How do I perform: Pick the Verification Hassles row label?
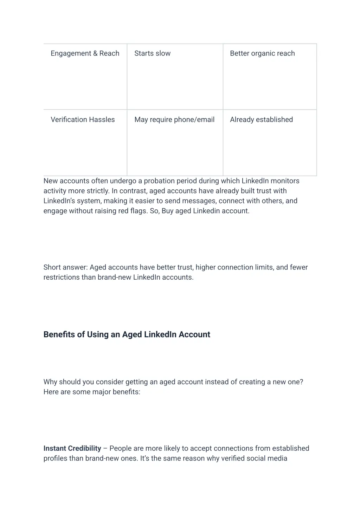(83, 119)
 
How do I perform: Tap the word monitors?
(285, 181)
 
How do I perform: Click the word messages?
(198, 201)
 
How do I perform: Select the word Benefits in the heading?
(59, 334)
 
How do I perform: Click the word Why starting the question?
(50, 382)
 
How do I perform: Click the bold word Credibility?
(84, 448)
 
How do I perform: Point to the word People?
(120, 448)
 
